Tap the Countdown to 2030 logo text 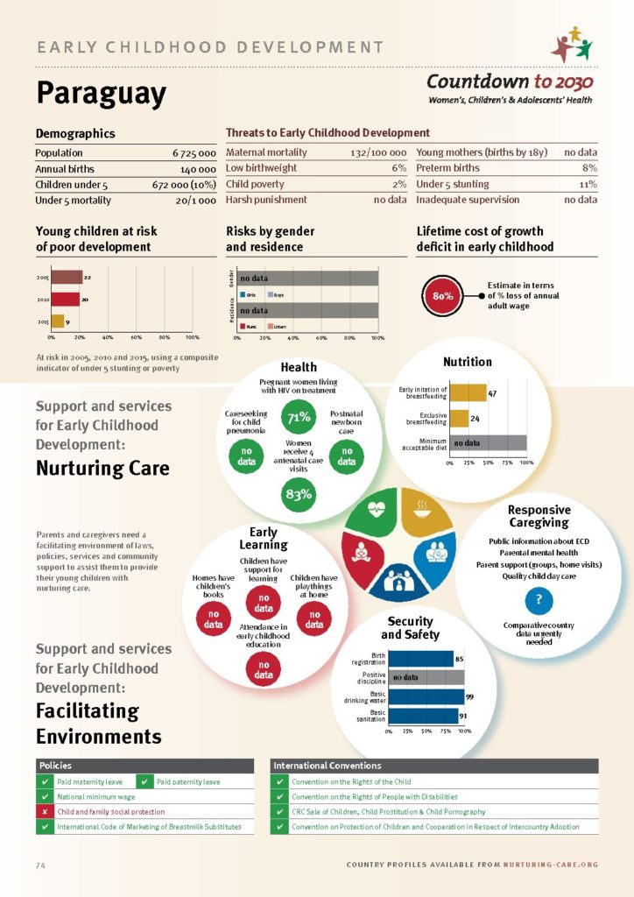[x=510, y=82]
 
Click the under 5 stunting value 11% [x=588, y=184]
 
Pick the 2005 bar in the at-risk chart [x=66, y=278]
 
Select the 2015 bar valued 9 [x=57, y=321]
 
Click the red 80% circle [x=442, y=295]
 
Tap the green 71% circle [x=299, y=417]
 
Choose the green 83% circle [x=299, y=495]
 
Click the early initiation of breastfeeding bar [x=468, y=393]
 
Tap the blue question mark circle [x=539, y=600]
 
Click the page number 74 [x=40, y=865]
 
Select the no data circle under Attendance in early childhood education [x=264, y=671]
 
